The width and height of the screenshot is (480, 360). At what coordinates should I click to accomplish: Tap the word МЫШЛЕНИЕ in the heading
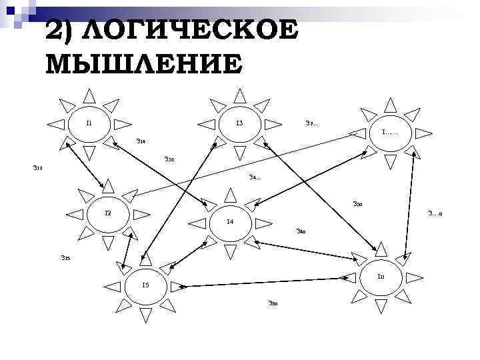coord(144,64)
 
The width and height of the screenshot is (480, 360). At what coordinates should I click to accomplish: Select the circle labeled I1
coord(89,124)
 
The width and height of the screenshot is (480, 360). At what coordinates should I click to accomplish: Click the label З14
coord(141,141)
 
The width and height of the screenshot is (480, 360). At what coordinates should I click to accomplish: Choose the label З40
coord(301,232)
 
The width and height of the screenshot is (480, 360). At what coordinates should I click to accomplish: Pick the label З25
coord(65,257)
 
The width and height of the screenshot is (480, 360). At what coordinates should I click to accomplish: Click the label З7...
coord(311,123)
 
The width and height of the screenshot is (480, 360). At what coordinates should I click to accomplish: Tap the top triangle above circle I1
coord(89,95)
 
